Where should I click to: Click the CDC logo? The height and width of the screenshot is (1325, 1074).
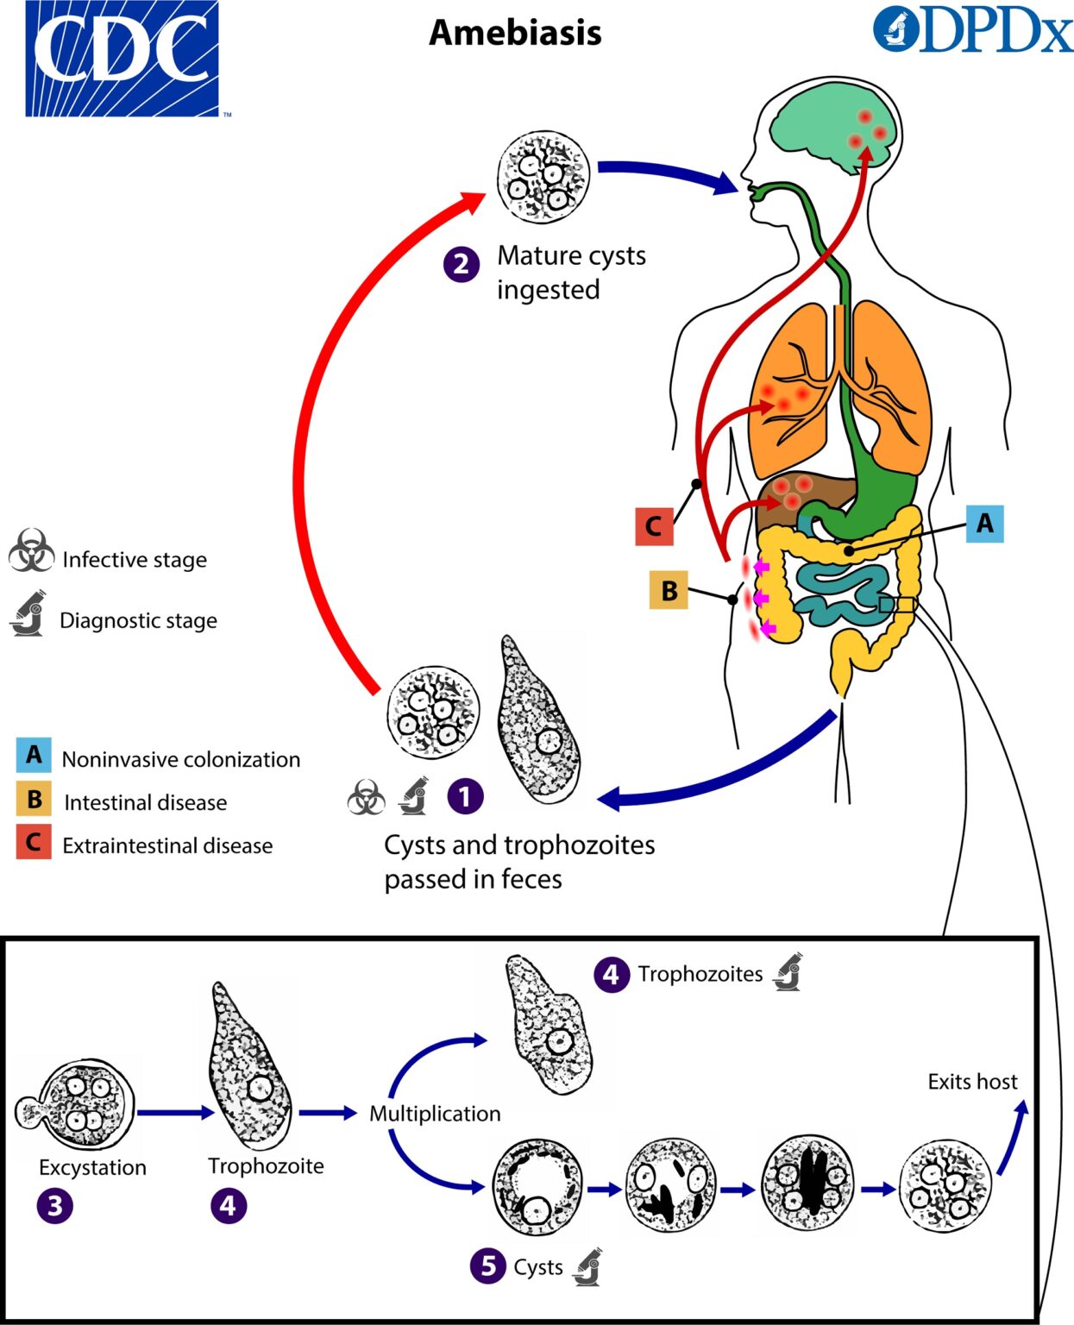pos(122,59)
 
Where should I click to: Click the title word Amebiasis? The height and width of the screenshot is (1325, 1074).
pos(515,33)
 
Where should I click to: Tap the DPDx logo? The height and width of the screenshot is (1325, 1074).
pos(972,31)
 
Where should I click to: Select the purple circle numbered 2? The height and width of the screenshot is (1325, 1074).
pos(462,264)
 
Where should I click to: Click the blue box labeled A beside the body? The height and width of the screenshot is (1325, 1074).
pos(984,523)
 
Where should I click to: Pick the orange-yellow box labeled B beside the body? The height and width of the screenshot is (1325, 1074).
pos(669,591)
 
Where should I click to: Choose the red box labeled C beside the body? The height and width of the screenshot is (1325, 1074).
pos(654,526)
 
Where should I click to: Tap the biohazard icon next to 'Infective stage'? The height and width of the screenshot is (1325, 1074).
pos(31,552)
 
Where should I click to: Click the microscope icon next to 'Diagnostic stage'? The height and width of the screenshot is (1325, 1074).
pos(29,614)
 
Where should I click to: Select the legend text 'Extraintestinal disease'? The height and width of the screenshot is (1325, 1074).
pos(167,845)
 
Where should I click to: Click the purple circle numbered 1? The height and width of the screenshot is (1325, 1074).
pos(465,796)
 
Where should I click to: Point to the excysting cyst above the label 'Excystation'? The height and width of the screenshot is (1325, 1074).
pos(78,1106)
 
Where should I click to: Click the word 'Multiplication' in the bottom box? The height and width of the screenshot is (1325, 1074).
pos(435,1114)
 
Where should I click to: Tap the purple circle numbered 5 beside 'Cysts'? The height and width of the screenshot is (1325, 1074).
pos(488,1265)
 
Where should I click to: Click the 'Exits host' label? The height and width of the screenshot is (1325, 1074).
pos(972,1082)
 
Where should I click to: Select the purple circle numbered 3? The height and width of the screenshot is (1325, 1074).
pos(55,1205)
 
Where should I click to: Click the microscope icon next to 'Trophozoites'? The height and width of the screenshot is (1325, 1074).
pos(788,972)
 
